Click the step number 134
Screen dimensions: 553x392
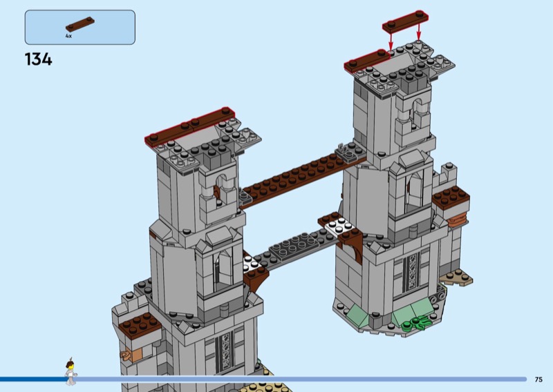click(39, 59)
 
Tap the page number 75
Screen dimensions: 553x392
click(538, 380)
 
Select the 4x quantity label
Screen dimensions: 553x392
click(68, 36)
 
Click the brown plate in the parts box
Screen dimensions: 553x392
click(80, 24)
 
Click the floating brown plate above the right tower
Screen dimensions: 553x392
click(406, 21)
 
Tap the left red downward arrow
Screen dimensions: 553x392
click(391, 41)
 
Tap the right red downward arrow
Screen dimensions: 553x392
click(419, 31)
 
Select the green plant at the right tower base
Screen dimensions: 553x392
click(417, 323)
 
